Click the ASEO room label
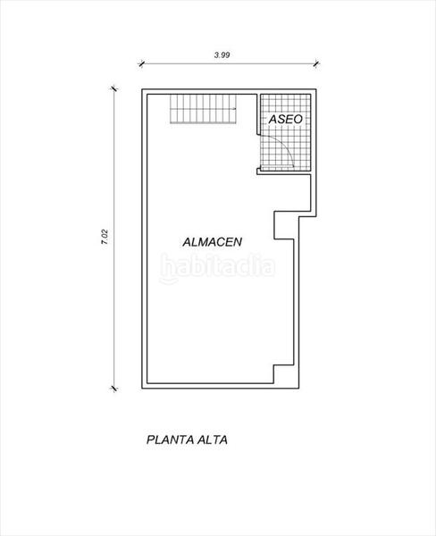285,118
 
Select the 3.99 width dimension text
222,54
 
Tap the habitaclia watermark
218,266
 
